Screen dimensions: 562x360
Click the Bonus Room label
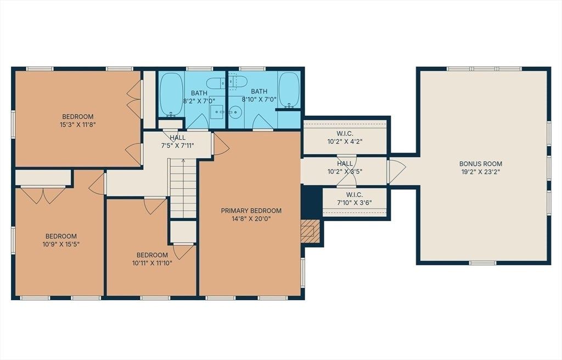pyautogui.click(x=480, y=164)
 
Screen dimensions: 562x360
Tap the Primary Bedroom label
pyautogui.click(x=251, y=211)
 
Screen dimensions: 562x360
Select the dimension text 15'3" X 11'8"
pyautogui.click(x=78, y=125)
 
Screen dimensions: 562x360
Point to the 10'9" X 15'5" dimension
pyautogui.click(x=61, y=245)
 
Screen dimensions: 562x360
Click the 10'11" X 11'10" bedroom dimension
pyautogui.click(x=153, y=263)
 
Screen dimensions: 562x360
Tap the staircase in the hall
pyautogui.click(x=183, y=188)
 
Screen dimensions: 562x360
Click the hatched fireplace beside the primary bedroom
pyautogui.click(x=310, y=231)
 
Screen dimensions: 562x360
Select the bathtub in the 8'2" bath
pyautogui.click(x=171, y=94)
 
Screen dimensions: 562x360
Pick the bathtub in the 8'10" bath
pyautogui.click(x=289, y=90)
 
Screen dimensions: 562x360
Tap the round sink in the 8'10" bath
pyautogui.click(x=236, y=112)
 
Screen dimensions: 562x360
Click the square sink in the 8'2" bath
pyautogui.click(x=217, y=112)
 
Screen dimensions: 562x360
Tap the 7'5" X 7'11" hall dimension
pyautogui.click(x=178, y=145)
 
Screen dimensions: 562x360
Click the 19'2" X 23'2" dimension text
pyautogui.click(x=480, y=172)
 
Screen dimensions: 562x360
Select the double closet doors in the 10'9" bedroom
pyautogui.click(x=43, y=195)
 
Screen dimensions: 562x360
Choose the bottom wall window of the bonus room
pyautogui.click(x=483, y=263)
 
